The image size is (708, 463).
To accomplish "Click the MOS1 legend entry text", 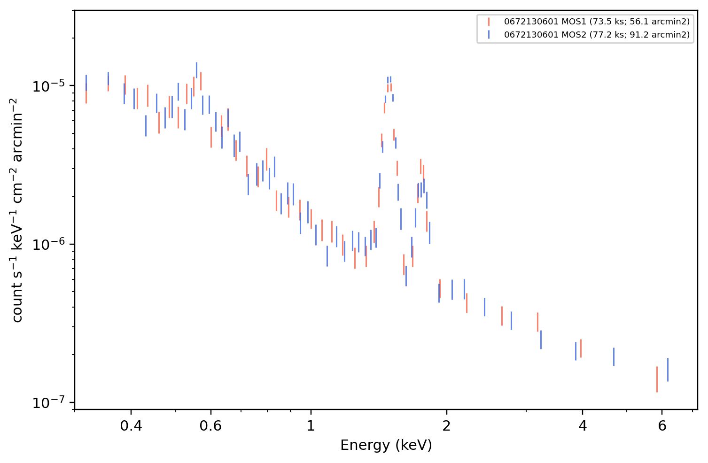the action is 597,22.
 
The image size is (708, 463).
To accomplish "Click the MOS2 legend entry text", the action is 597,34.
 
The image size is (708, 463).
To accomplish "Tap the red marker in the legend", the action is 489,22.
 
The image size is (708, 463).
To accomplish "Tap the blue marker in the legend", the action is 489,34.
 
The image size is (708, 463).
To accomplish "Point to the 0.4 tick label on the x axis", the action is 131,426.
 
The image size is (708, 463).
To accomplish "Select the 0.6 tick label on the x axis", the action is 210,426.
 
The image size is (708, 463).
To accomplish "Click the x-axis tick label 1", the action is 311,426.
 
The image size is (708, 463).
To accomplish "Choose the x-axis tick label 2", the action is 446,426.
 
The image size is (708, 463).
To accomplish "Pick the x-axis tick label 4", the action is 582,426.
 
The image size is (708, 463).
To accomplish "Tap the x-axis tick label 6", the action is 662,426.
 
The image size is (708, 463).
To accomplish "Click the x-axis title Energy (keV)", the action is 386,446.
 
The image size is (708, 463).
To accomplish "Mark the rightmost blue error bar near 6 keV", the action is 668,370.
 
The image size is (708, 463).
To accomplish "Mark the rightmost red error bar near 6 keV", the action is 657,379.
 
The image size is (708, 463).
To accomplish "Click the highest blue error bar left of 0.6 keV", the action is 196,70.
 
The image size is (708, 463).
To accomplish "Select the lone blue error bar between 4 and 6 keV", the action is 614,357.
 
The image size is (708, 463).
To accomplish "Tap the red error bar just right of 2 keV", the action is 467,303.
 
